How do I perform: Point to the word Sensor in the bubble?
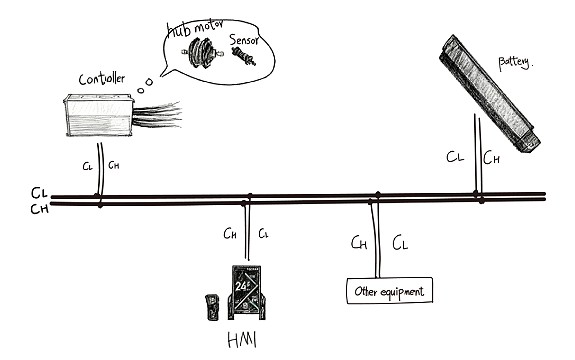tap(246, 41)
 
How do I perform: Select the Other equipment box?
tap(389, 292)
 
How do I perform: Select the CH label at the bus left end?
tap(39, 209)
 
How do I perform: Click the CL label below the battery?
tap(456, 157)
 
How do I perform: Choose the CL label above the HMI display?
tap(263, 234)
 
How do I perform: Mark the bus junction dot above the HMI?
tap(249, 198)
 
